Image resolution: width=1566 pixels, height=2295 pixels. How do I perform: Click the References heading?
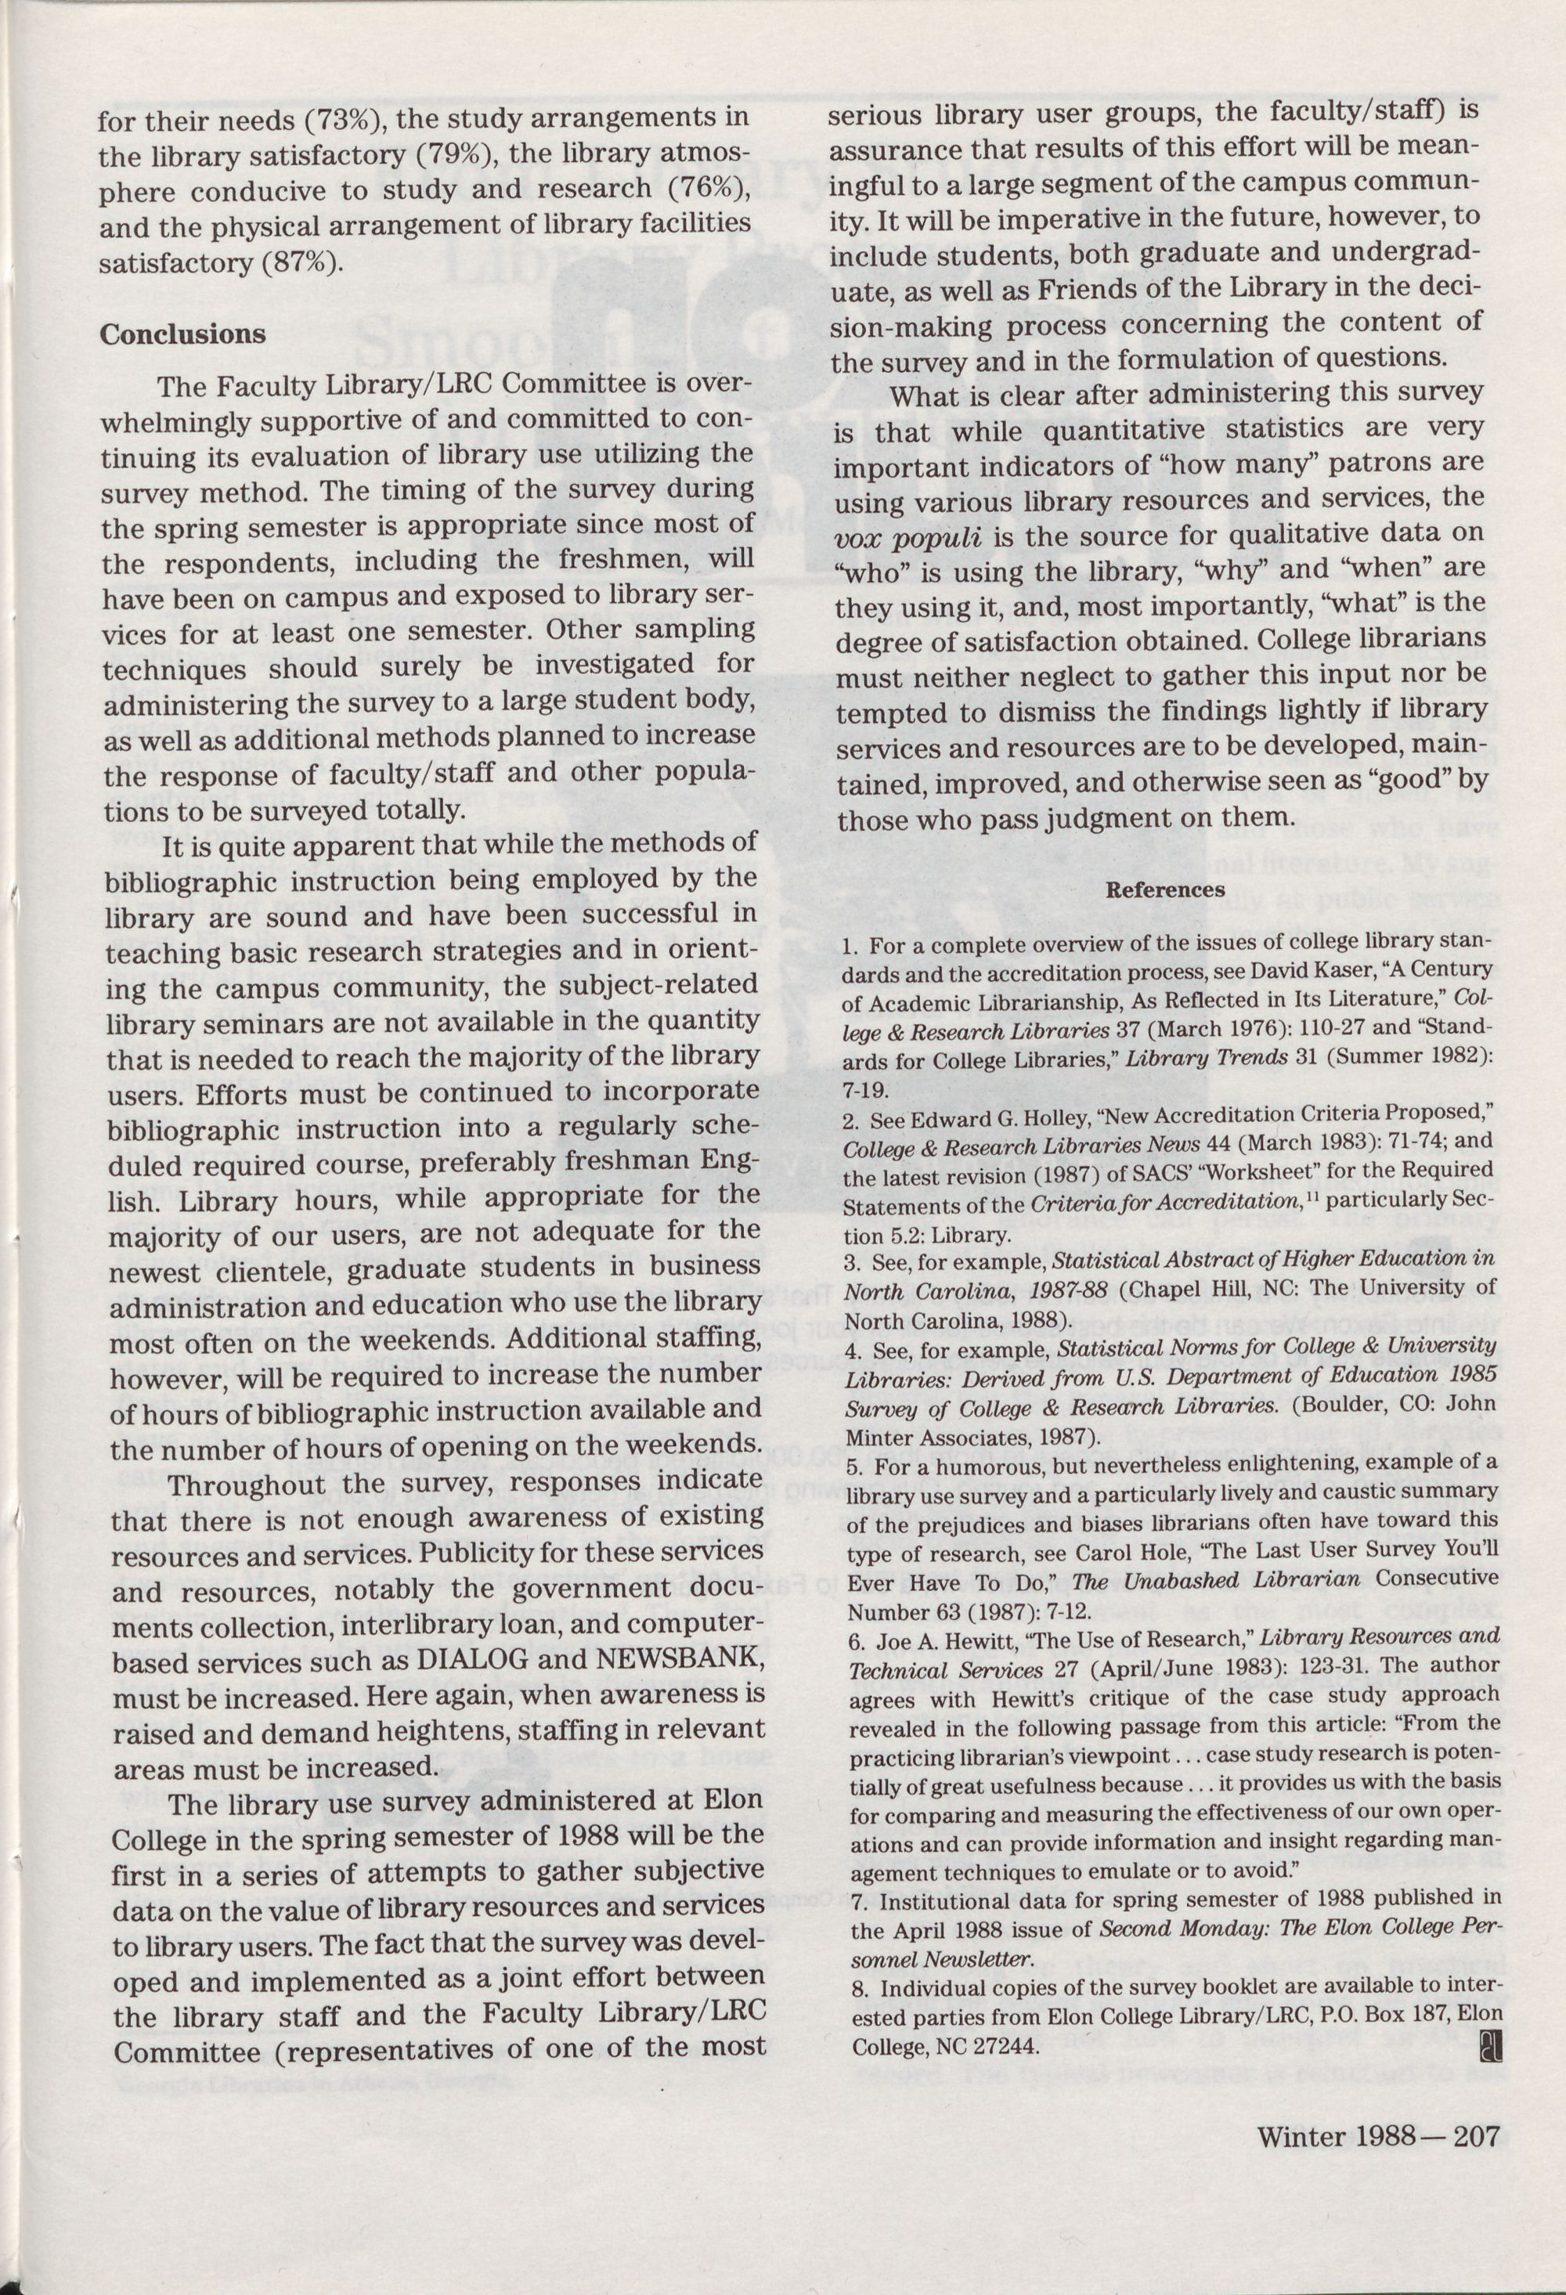1165,889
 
